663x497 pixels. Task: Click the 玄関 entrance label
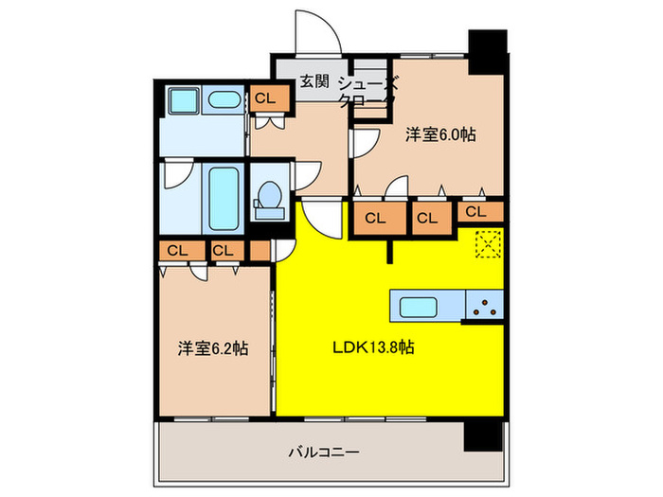point(314,82)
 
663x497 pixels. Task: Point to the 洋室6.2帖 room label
point(212,348)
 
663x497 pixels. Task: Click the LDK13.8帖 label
point(371,348)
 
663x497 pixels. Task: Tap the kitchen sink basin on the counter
point(418,307)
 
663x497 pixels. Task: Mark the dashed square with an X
point(489,243)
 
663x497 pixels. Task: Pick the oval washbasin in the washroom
point(224,100)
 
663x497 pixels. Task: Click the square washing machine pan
point(179,100)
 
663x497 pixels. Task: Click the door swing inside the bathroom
point(177,178)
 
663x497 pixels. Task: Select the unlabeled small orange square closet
point(260,251)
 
